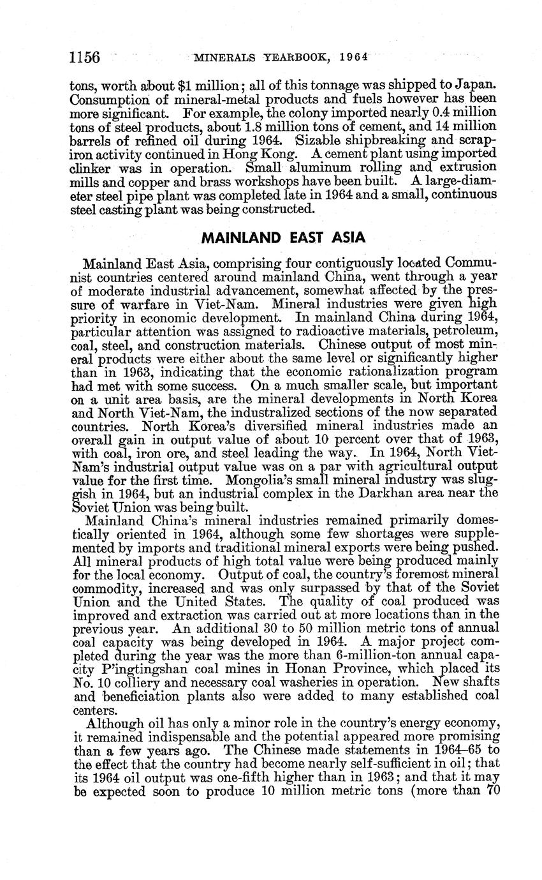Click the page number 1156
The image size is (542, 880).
click(x=85, y=57)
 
